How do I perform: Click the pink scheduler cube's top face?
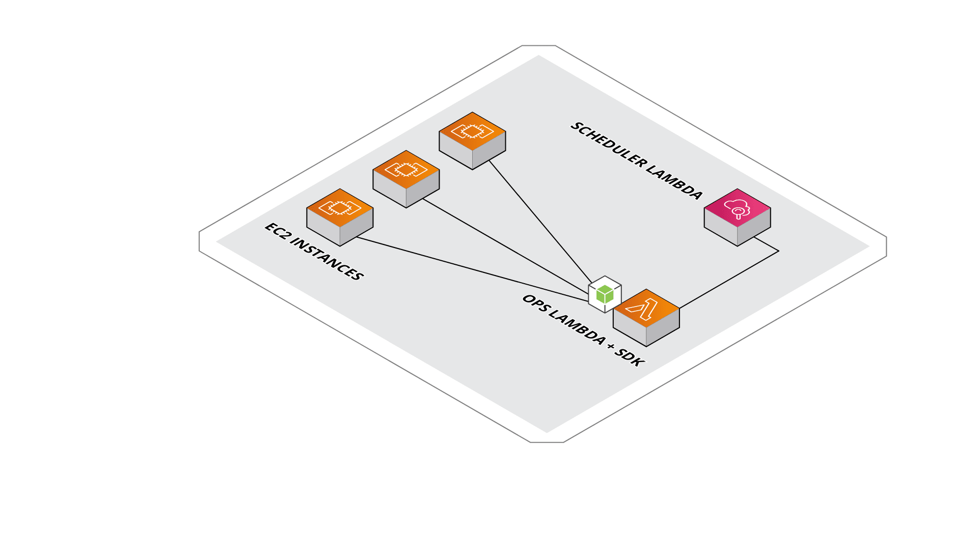point(737,207)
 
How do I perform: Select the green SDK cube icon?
point(605,294)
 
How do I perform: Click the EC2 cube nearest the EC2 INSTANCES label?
point(340,218)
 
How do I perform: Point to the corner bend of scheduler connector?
point(778,251)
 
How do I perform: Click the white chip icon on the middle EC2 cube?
point(406,169)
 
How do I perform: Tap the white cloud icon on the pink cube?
point(737,208)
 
